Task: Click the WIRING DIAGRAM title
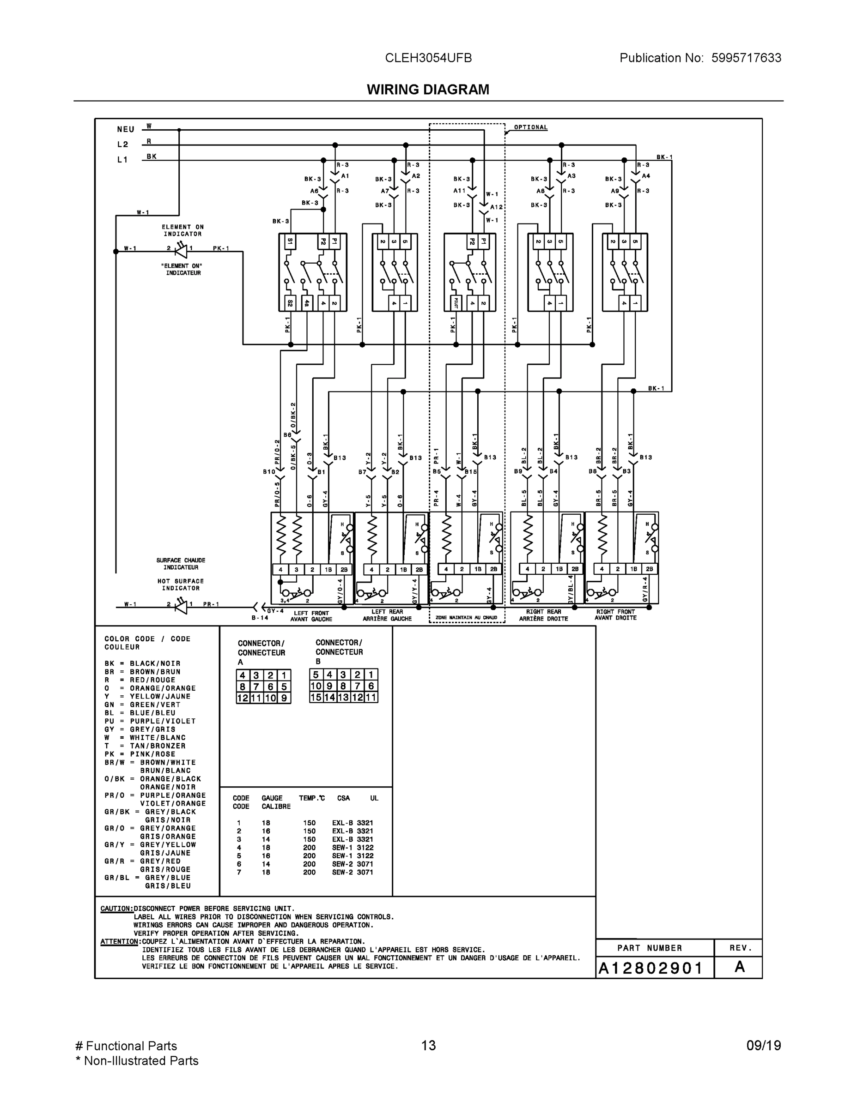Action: point(428,90)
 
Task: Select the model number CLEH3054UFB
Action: point(428,58)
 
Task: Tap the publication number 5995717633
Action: point(746,58)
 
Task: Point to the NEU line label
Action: point(125,130)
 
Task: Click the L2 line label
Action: point(123,145)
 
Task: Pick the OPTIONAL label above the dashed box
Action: point(530,127)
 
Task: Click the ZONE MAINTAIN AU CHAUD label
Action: point(466,618)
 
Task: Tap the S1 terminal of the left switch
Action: point(290,241)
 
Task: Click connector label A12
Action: point(496,207)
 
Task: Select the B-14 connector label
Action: point(260,618)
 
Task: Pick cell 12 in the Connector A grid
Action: point(243,699)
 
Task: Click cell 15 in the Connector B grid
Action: point(316,698)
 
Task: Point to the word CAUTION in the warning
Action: point(117,909)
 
